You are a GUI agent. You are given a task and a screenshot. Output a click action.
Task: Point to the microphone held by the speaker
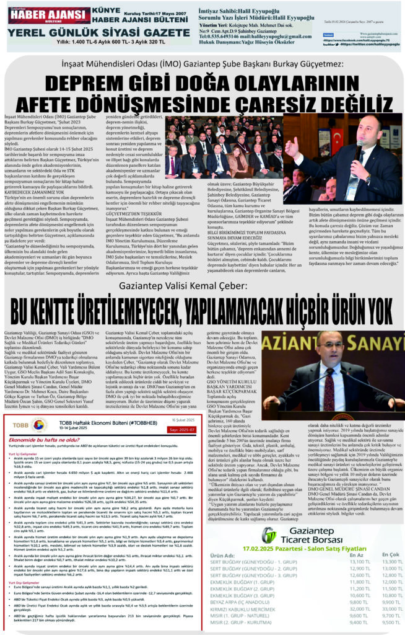click(x=357, y=148)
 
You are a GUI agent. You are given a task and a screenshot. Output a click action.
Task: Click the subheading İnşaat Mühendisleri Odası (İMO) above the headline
click(x=202, y=64)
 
